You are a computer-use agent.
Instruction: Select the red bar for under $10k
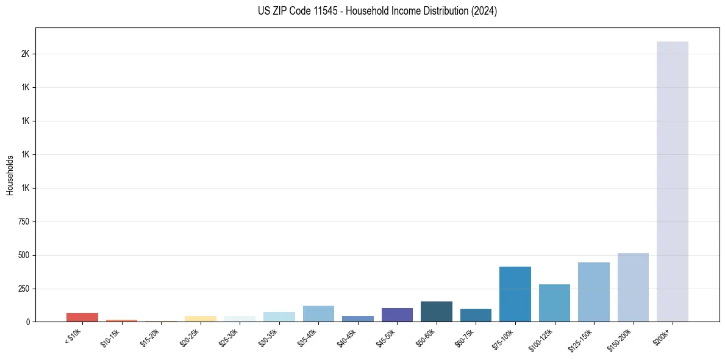tap(82, 317)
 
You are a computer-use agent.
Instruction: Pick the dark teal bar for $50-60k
tap(437, 311)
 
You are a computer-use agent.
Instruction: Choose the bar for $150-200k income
tap(633, 287)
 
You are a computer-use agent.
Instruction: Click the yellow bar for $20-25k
tap(201, 319)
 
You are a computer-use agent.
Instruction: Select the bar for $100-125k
tap(554, 303)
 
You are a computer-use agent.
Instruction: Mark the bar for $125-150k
tap(594, 292)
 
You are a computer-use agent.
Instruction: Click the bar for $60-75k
tap(476, 315)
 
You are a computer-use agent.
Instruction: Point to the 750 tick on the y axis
tap(24, 221)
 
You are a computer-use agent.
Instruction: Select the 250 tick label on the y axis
tap(24, 289)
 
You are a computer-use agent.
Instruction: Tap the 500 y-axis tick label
tap(24, 255)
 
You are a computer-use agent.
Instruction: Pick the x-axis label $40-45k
tap(346, 339)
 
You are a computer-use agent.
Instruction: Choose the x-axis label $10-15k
tap(110, 339)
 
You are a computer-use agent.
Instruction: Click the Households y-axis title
tap(10, 175)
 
